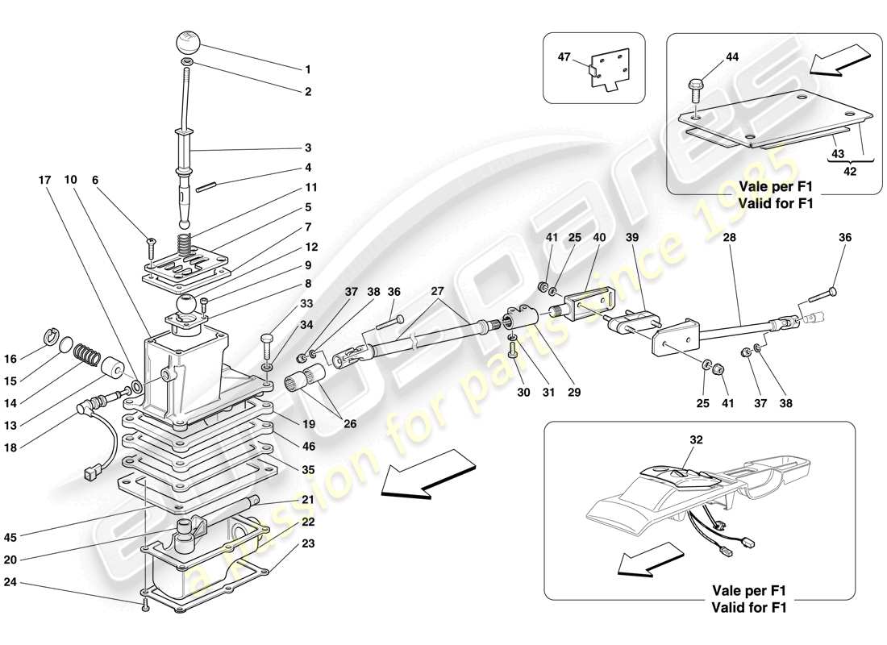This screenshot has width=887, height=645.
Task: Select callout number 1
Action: coord(306,70)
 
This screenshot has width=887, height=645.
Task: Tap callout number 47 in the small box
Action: coord(565,57)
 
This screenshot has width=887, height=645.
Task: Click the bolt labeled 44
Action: coord(696,83)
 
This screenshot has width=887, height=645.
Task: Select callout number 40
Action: coord(598,239)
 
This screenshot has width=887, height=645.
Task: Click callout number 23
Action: coord(306,543)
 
